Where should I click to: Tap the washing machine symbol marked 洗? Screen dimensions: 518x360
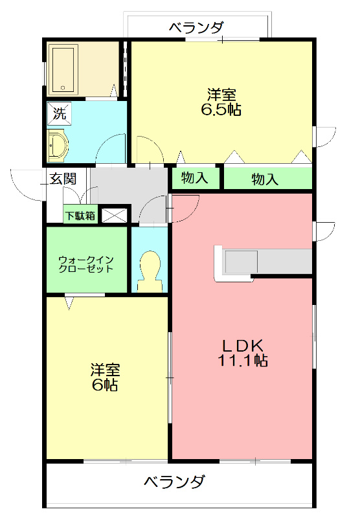[59, 115]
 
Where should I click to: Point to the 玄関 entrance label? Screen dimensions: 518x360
[63, 179]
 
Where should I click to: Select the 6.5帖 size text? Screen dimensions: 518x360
[221, 110]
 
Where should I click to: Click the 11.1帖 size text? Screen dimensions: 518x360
[243, 361]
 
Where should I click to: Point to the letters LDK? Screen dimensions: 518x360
[243, 344]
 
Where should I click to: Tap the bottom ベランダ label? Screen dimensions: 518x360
[174, 482]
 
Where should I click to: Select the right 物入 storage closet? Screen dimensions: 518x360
[265, 179]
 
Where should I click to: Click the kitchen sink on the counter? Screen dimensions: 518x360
[241, 262]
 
